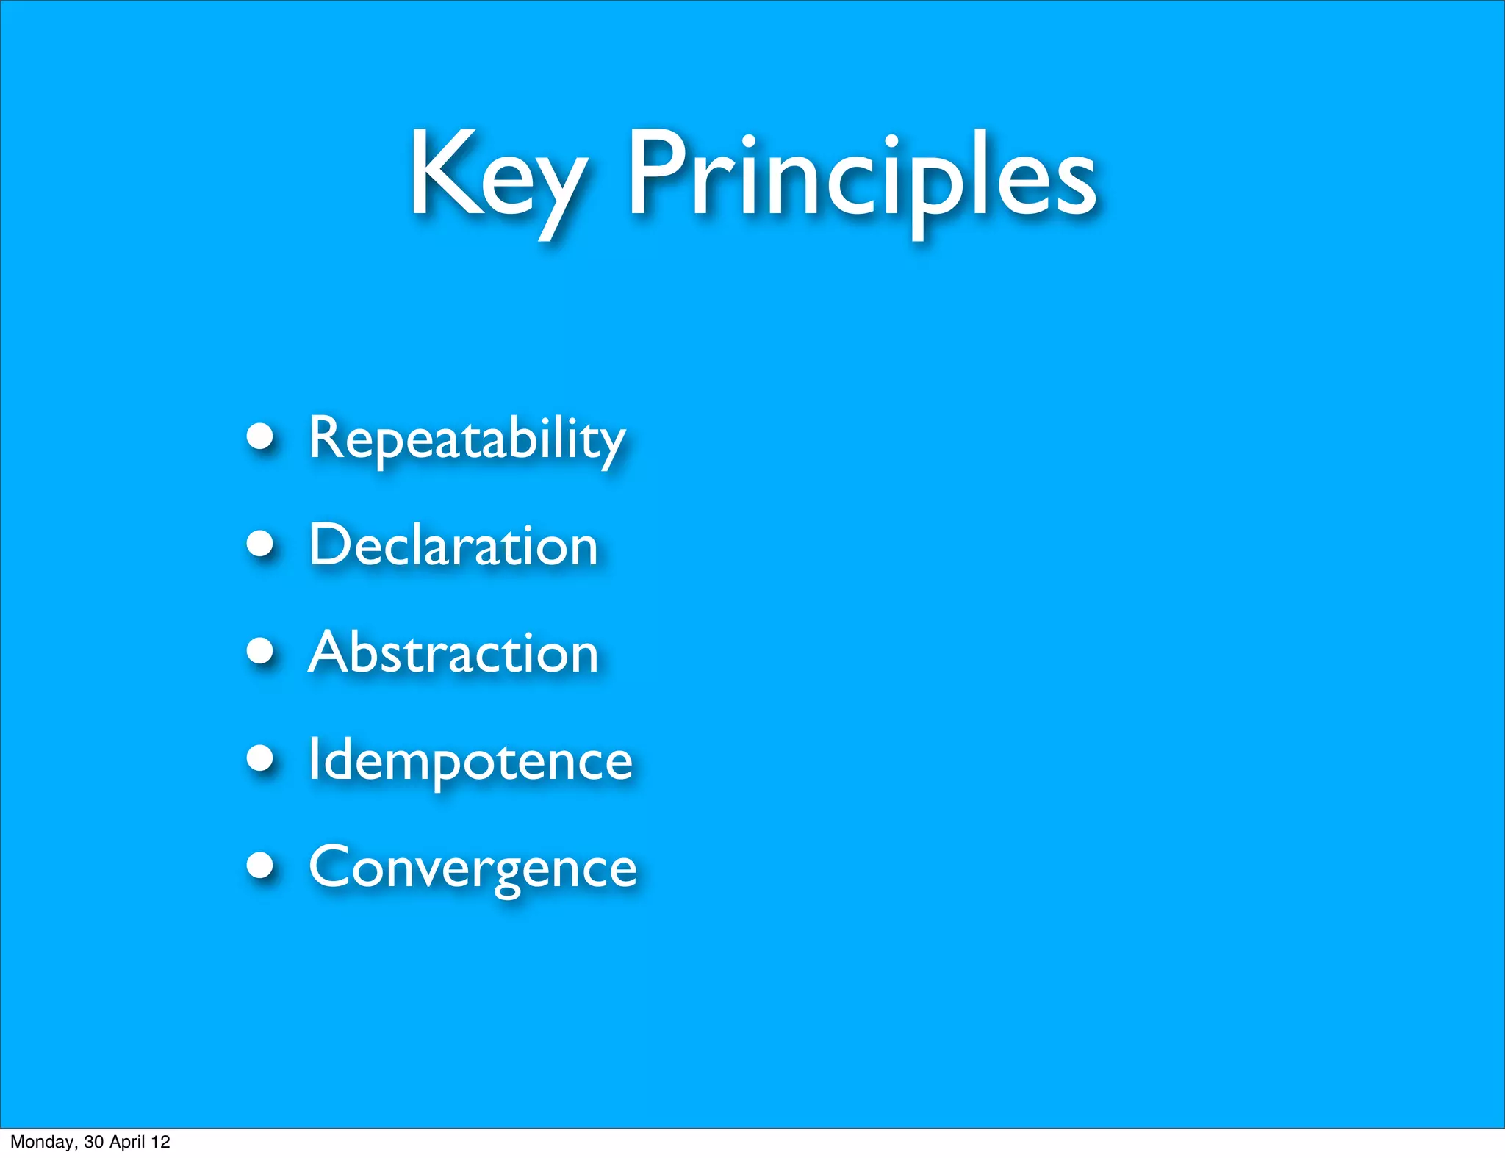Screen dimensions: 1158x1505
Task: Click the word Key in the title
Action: (x=497, y=176)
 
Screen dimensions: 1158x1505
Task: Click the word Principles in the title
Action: (x=861, y=176)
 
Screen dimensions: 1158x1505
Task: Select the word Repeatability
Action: (x=466, y=439)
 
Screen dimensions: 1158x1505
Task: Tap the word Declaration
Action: (x=453, y=546)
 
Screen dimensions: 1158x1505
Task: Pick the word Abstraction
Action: (x=453, y=653)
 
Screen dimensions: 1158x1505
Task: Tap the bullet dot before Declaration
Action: (x=260, y=544)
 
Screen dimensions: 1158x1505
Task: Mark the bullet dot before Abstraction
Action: (x=260, y=651)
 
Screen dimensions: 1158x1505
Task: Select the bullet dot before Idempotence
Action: (x=260, y=758)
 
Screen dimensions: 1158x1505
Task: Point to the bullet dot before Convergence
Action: (x=260, y=866)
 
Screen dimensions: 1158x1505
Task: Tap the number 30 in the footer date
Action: (x=93, y=1143)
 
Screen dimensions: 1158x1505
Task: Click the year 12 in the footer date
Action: (x=160, y=1143)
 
